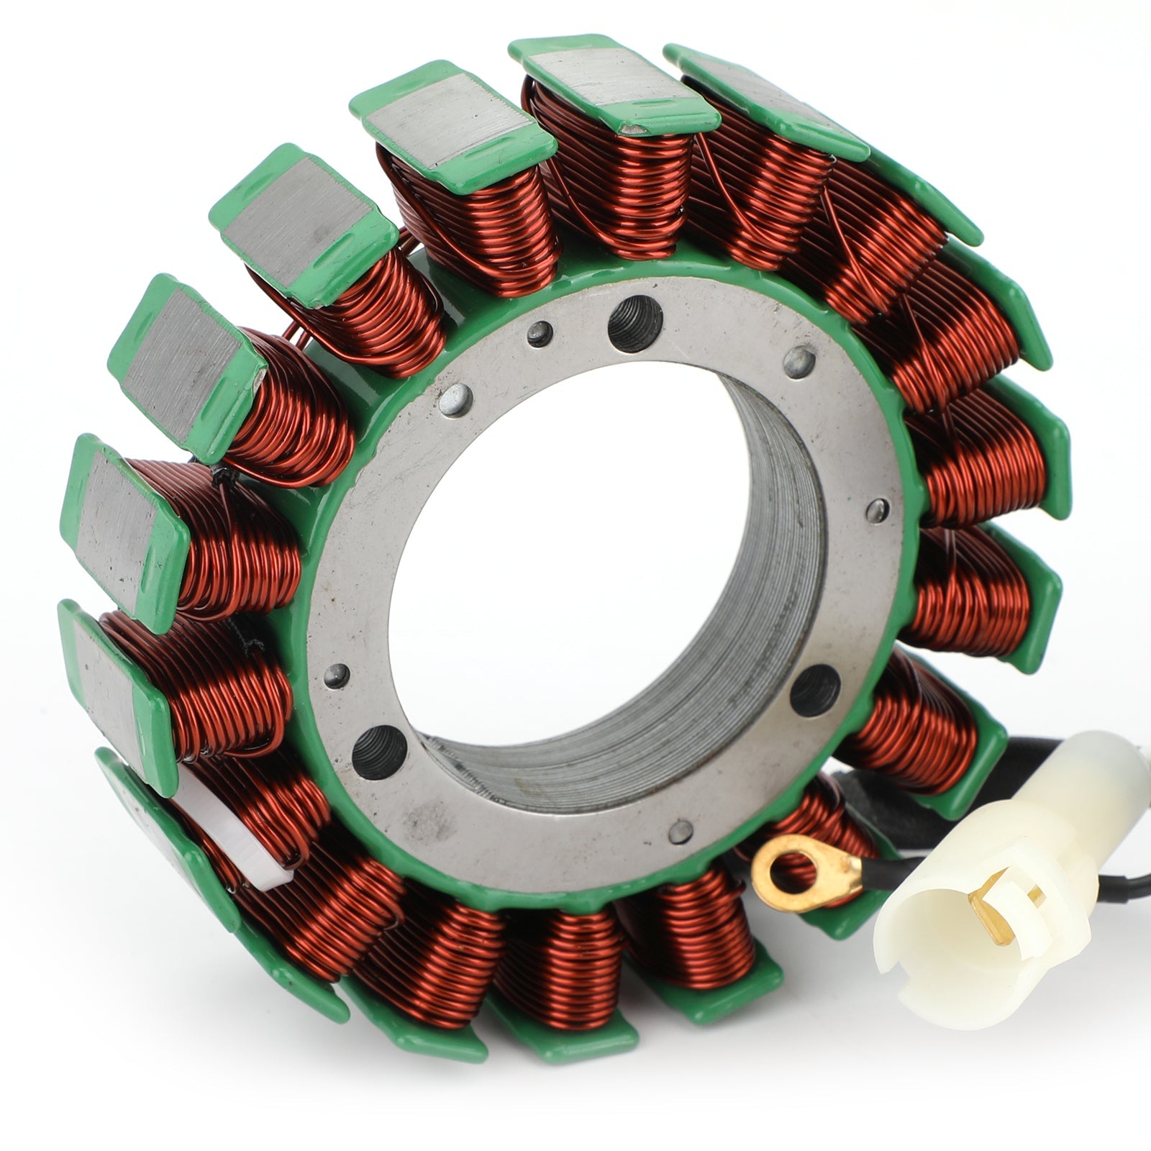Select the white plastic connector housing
1000,863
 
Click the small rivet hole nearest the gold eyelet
677,832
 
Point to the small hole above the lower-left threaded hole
337,675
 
